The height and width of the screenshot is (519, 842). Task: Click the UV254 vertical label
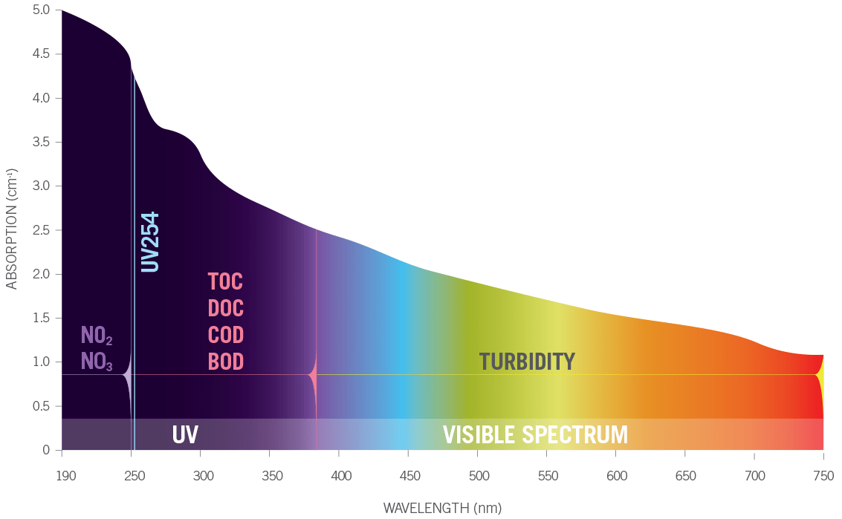pyautogui.click(x=150, y=242)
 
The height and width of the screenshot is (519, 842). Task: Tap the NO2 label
pyautogui.click(x=97, y=336)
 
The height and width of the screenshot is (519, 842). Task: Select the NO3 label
pyautogui.click(x=97, y=362)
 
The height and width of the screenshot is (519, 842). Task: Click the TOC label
pyautogui.click(x=225, y=282)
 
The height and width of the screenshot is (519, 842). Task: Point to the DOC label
pyautogui.click(x=225, y=307)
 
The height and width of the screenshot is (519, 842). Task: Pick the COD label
pyautogui.click(x=225, y=334)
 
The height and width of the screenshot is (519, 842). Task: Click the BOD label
pyautogui.click(x=225, y=362)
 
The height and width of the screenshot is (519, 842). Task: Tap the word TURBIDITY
pyautogui.click(x=527, y=362)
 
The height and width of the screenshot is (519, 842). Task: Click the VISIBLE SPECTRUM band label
pyautogui.click(x=535, y=434)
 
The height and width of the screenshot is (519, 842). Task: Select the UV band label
pyautogui.click(x=185, y=434)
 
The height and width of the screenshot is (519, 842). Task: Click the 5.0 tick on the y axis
pyautogui.click(x=41, y=10)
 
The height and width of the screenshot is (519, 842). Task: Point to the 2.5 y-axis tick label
pyautogui.click(x=41, y=230)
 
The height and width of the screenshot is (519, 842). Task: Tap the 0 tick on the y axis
pyautogui.click(x=46, y=450)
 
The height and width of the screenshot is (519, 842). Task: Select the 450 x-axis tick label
pyautogui.click(x=408, y=474)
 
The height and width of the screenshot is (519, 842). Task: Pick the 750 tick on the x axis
pyautogui.click(x=823, y=474)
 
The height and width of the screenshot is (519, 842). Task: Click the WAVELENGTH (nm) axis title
pyautogui.click(x=442, y=509)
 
